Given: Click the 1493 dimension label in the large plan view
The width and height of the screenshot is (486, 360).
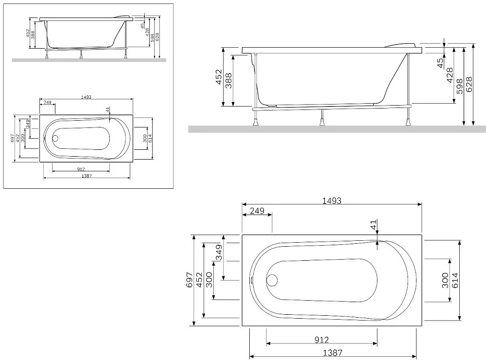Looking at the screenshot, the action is tap(331, 200).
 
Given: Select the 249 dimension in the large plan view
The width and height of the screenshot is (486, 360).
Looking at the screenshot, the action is tap(257, 211).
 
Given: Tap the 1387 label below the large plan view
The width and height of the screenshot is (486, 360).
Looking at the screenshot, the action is tap(332, 353).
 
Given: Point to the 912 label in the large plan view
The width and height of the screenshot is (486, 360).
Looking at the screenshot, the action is tap(321, 340).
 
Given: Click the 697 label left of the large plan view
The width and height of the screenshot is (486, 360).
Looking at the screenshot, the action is tap(190, 280).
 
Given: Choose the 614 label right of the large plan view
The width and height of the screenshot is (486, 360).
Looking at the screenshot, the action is tap(455, 280).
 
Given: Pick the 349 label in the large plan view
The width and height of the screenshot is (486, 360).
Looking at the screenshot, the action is tap(219, 252).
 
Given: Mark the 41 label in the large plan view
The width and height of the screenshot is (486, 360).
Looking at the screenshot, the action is tap(373, 224).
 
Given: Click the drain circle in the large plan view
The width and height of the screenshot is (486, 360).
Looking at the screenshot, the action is tap(272, 280).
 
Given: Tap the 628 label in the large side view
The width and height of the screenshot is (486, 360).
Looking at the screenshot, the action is tap(469, 85).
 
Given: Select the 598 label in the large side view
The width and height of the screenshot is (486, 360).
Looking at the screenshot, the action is tap(459, 86).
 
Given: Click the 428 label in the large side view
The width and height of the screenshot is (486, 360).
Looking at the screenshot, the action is tap(450, 75).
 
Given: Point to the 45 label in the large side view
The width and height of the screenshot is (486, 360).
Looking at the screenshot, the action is tap(440, 63).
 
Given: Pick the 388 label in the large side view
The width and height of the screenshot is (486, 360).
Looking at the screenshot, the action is tap(228, 81).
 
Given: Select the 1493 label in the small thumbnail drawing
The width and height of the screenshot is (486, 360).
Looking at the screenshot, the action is tap(86, 97).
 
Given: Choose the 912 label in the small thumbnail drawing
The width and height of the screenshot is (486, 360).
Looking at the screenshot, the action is tap(81, 169).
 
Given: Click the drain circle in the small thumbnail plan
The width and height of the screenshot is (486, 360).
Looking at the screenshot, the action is tap(55, 139).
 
